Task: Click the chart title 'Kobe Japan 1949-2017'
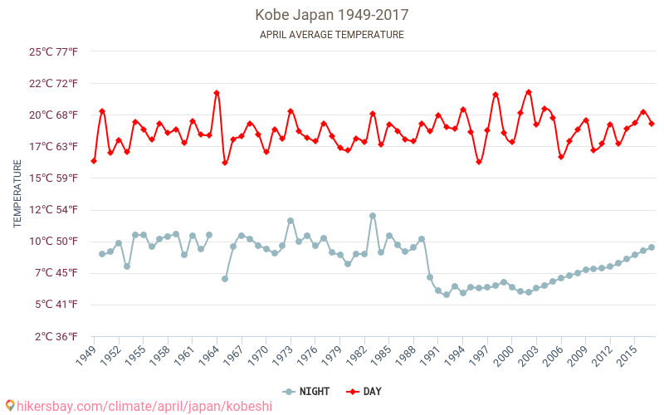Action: tap(332, 15)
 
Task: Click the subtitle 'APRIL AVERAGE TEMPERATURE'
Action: tap(332, 35)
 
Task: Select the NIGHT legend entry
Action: tap(307, 392)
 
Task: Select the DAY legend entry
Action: tap(364, 392)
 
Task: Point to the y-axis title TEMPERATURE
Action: tap(17, 194)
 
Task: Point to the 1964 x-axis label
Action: tap(209, 355)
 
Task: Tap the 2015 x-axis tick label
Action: tap(627, 355)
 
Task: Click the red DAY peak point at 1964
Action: tap(217, 93)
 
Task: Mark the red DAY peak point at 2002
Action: tap(529, 92)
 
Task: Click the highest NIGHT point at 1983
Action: tap(373, 216)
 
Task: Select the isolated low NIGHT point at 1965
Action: tap(225, 279)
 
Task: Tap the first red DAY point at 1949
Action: tap(94, 161)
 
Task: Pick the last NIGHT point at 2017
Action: tap(652, 247)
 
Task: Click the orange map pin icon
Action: tap(10, 406)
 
